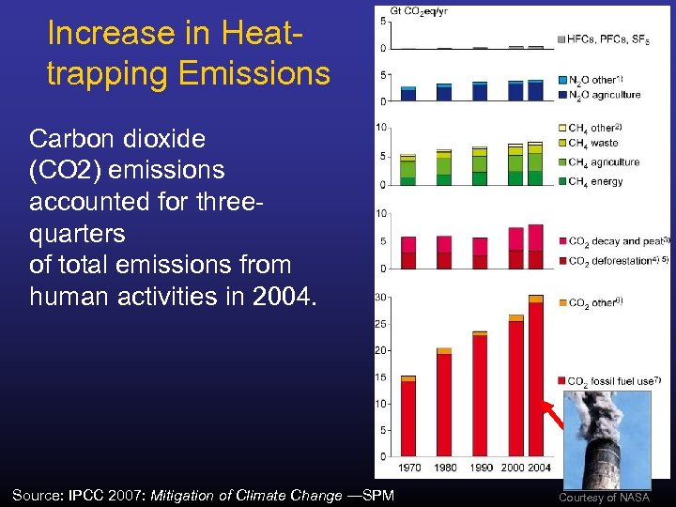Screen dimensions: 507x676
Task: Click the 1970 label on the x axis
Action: [409, 467]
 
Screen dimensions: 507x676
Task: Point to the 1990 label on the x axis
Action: [480, 467]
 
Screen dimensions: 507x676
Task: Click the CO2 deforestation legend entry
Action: [616, 260]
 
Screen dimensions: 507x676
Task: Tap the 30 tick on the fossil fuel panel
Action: [380, 297]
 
